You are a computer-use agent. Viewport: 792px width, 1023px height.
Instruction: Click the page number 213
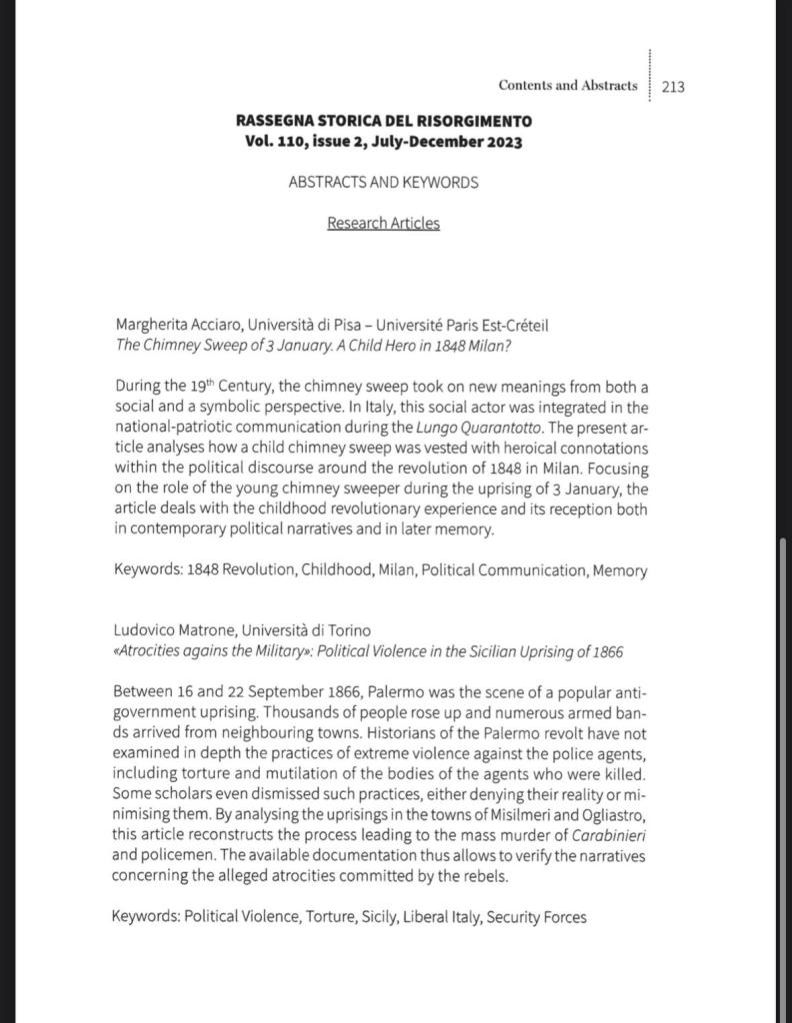(x=673, y=87)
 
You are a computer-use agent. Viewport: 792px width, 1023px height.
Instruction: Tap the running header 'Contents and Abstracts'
(x=567, y=86)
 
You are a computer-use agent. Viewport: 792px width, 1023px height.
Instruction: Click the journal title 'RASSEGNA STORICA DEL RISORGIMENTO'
(x=384, y=121)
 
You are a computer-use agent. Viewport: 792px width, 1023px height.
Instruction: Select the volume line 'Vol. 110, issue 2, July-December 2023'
(x=384, y=141)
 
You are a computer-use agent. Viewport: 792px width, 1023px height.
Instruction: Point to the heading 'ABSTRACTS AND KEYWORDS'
(x=384, y=183)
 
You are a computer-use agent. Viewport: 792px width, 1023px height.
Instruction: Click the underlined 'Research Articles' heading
(x=384, y=223)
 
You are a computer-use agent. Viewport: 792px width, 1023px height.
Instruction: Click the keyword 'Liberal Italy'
(x=439, y=916)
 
